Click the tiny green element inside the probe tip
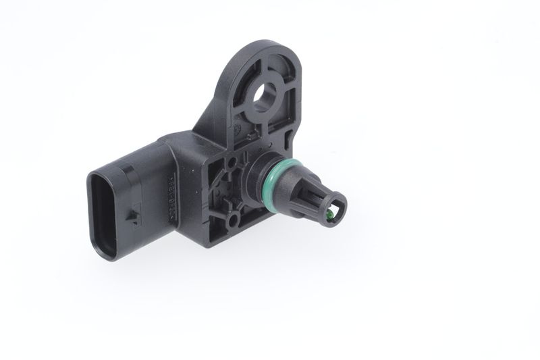pos(328,215)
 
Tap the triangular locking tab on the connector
pos(134,217)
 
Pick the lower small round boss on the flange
pos(232,219)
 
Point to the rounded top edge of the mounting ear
pos(267,49)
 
